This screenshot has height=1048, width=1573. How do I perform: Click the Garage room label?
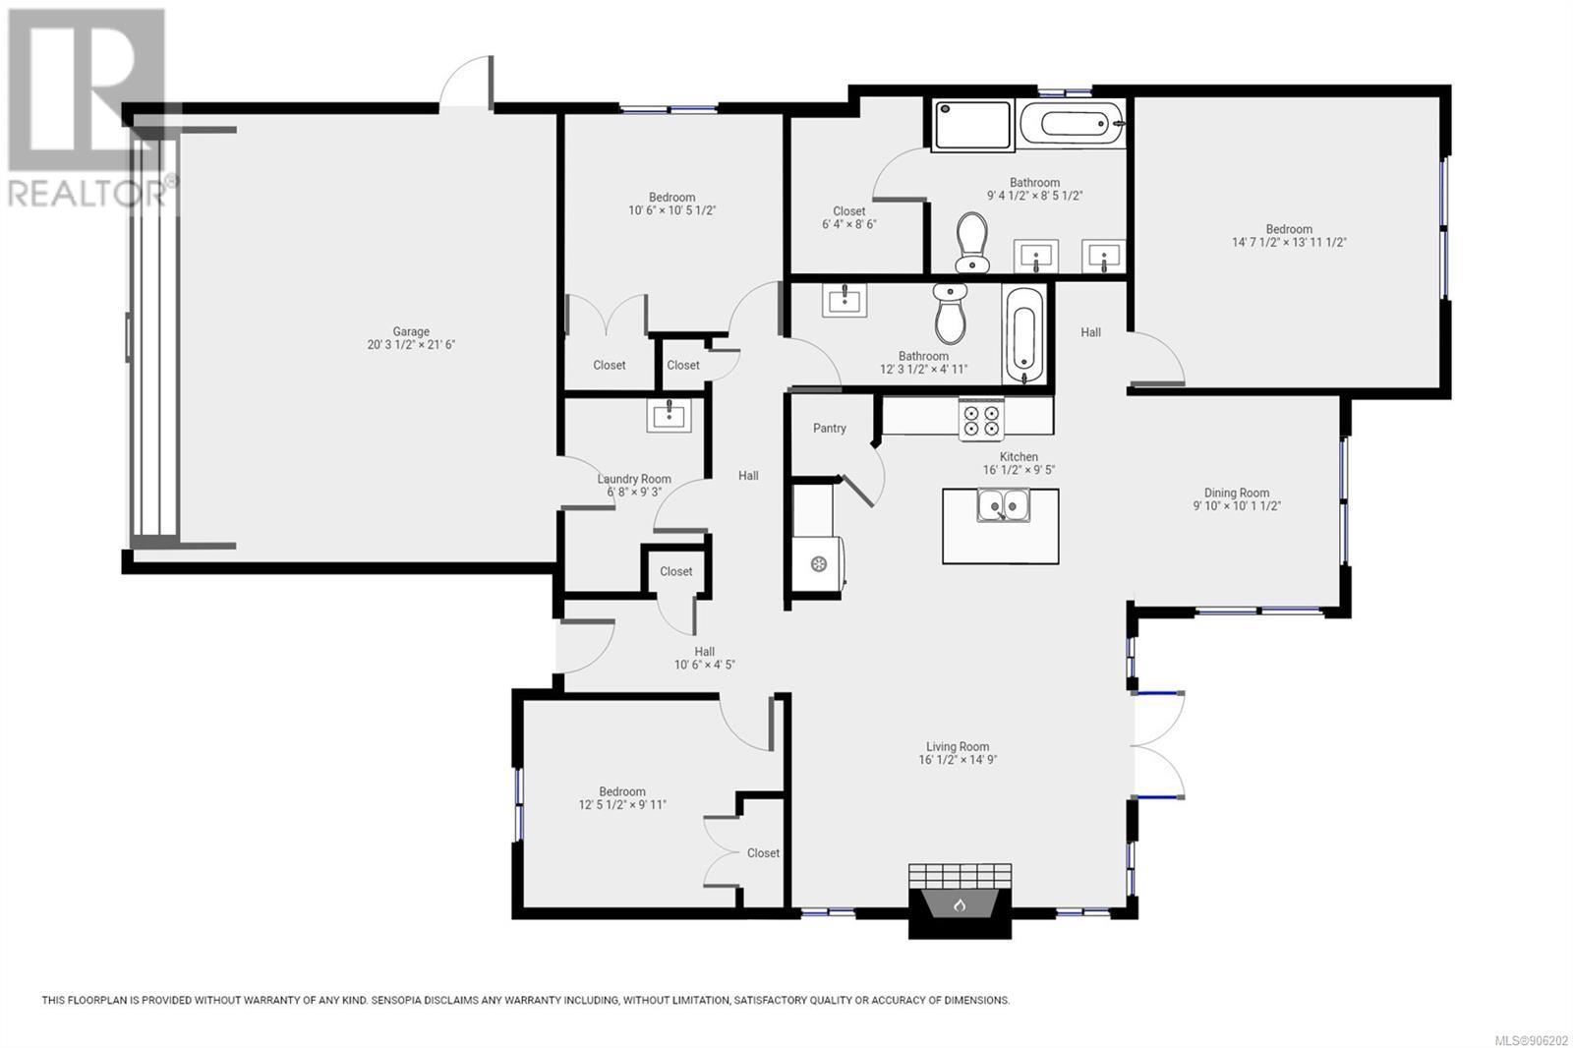click(411, 331)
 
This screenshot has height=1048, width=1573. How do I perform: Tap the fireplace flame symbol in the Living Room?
click(960, 905)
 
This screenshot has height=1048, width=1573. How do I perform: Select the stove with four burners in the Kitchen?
click(981, 420)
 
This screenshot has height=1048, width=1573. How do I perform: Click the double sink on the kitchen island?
click(1004, 504)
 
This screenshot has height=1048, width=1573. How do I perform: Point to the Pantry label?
click(830, 428)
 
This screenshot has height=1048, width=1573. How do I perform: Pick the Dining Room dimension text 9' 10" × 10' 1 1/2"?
click(1237, 505)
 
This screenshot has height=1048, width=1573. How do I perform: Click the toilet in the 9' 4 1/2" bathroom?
click(972, 242)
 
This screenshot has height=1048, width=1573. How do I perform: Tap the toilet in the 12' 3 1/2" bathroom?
click(950, 314)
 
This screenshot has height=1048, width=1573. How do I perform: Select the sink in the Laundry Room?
click(669, 415)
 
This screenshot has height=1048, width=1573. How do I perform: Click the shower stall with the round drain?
click(972, 125)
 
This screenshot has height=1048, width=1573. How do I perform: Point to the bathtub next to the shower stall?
click(1070, 124)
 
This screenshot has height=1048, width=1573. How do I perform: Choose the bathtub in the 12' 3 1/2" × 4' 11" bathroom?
click(1023, 335)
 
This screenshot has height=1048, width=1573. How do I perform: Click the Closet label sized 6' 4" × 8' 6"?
click(849, 211)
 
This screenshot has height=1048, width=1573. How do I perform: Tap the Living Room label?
click(958, 746)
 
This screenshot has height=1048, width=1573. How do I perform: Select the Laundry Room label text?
click(634, 479)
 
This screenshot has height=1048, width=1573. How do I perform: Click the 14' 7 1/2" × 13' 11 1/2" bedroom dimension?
click(1289, 242)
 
